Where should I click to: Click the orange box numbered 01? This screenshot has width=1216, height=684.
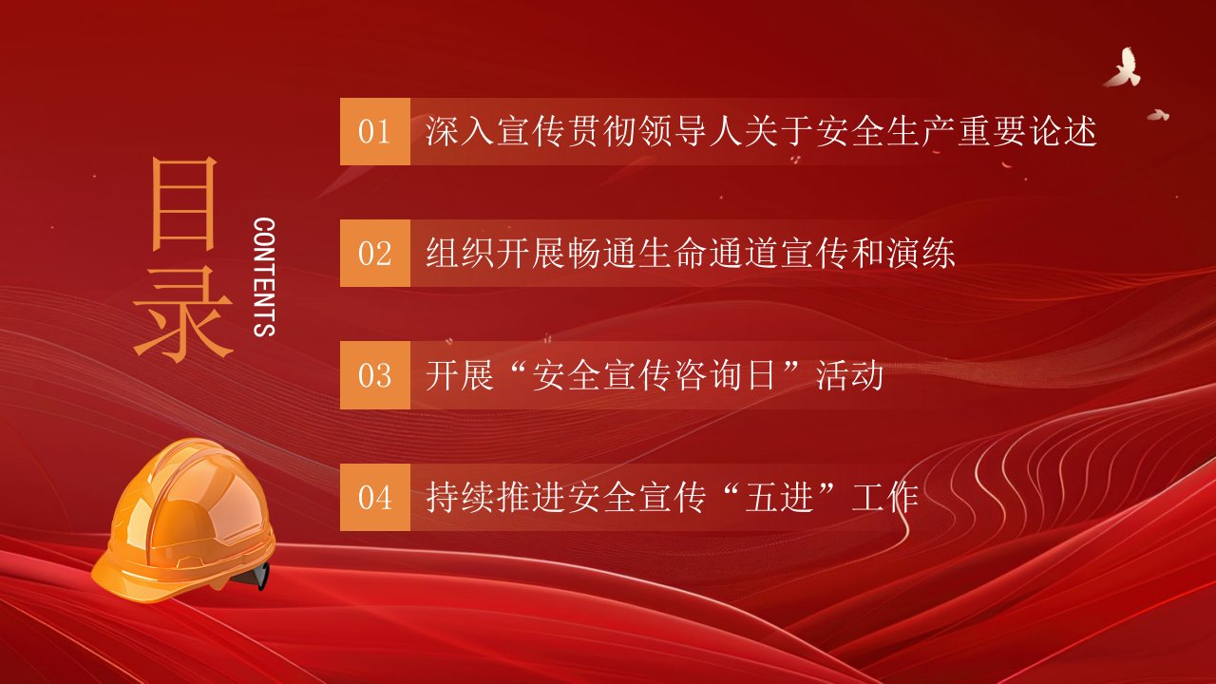(374, 131)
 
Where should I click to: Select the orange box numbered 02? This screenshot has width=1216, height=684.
(374, 253)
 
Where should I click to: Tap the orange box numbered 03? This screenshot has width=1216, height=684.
(374, 375)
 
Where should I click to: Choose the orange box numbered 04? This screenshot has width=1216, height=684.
(374, 497)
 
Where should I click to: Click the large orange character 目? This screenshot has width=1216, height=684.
(184, 204)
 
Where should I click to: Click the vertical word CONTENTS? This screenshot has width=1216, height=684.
(264, 277)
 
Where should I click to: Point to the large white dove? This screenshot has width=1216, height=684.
(1123, 67)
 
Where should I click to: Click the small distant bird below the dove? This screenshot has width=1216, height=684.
(1158, 115)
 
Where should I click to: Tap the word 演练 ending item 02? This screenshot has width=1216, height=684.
(921, 253)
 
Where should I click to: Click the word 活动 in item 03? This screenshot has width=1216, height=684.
(849, 375)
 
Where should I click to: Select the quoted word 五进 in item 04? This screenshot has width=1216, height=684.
(780, 497)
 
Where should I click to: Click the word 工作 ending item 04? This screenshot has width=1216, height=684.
(885, 497)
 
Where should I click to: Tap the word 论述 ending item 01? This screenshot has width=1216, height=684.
(1064, 131)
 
